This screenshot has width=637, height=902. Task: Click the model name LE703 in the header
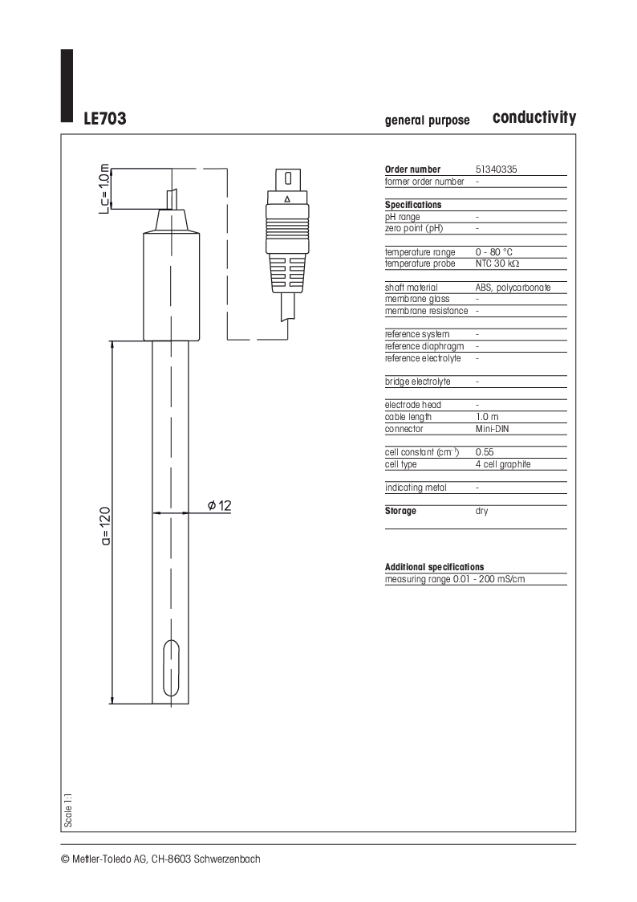(x=105, y=119)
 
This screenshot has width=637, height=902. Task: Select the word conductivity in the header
(x=534, y=117)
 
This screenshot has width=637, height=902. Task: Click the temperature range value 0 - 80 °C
(x=494, y=252)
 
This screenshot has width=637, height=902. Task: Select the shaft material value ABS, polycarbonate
(x=513, y=288)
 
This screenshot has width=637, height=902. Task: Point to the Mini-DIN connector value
(x=493, y=429)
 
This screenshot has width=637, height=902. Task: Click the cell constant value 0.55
(x=485, y=452)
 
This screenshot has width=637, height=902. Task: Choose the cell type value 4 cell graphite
(x=503, y=464)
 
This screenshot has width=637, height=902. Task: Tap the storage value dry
(x=481, y=511)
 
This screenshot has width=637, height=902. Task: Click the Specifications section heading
(x=413, y=205)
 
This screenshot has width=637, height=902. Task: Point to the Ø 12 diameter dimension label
(x=219, y=505)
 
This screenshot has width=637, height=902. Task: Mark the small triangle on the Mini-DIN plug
(x=287, y=198)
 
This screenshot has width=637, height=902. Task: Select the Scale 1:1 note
(x=69, y=810)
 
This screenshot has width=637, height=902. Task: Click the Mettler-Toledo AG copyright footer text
(x=160, y=859)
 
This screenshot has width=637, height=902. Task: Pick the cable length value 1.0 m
(x=487, y=417)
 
